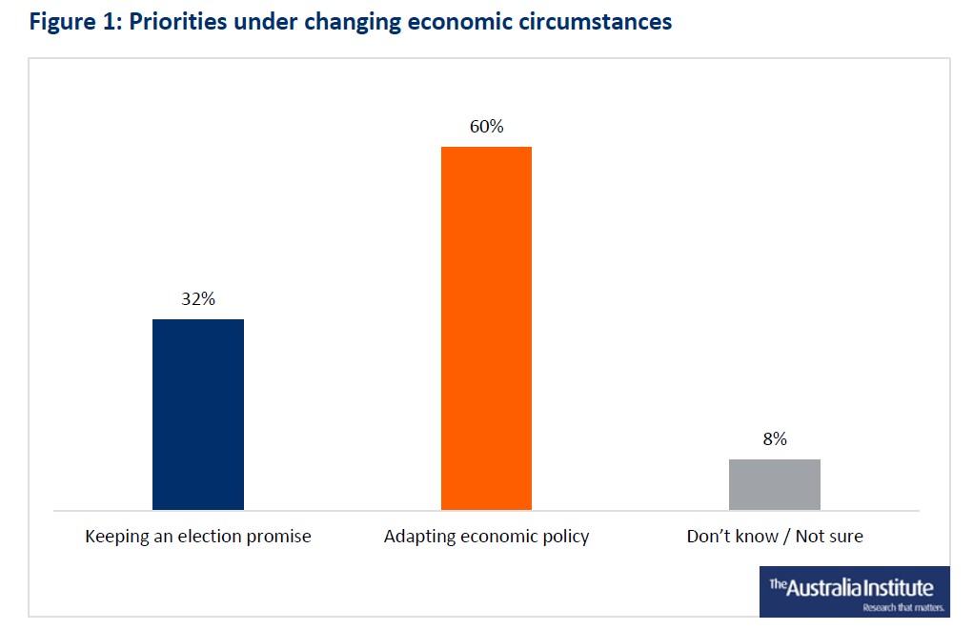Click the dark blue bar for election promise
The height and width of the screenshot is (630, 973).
tap(198, 415)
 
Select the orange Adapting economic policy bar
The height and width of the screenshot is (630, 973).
tap(486, 328)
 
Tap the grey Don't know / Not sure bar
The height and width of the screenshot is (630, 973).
tap(774, 484)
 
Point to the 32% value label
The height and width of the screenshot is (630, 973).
tap(198, 299)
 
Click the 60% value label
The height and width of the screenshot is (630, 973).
tap(486, 126)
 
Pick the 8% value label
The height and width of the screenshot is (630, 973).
tap(774, 439)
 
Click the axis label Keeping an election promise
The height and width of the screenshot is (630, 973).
tap(198, 537)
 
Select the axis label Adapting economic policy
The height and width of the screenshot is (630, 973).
tap(486, 537)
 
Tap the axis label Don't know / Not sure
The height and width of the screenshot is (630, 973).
tap(774, 537)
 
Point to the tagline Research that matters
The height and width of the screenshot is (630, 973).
tap(903, 607)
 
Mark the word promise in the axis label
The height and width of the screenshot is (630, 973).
tap(278, 537)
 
